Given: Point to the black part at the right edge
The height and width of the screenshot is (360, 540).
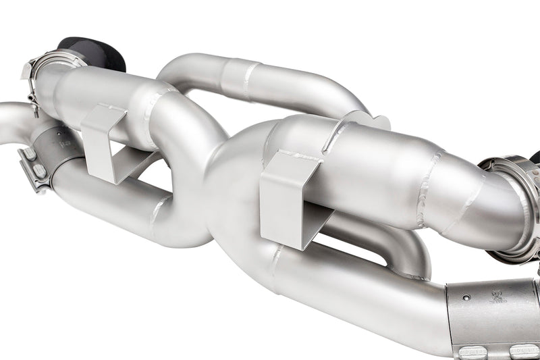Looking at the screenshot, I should pos(535,158).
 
